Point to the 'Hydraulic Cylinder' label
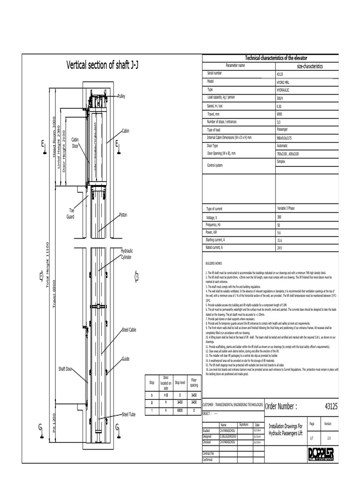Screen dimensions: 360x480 point(127,254)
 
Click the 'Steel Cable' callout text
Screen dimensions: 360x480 point(129,330)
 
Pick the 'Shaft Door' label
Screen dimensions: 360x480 point(66,369)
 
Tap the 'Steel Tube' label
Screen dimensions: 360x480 point(129,414)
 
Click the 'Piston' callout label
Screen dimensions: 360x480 point(123,215)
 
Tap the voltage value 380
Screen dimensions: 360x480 point(280,217)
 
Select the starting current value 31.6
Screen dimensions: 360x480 point(280,240)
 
